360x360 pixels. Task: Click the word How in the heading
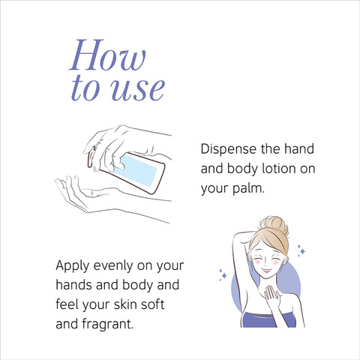click(108, 55)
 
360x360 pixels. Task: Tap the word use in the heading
click(137, 89)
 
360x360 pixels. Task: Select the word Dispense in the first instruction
click(229, 149)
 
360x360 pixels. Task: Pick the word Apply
click(73, 266)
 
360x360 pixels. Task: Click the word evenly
click(113, 266)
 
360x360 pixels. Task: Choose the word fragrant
click(108, 325)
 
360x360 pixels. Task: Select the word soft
click(152, 304)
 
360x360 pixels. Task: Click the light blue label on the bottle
click(136, 170)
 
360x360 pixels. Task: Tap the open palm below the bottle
click(75, 193)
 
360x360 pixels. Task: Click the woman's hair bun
click(274, 224)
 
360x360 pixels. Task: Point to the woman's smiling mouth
click(266, 270)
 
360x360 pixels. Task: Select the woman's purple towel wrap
click(268, 319)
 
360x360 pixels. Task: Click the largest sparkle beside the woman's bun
click(302, 251)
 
